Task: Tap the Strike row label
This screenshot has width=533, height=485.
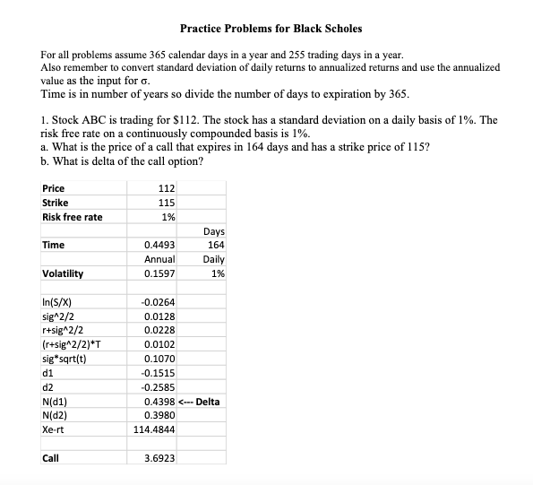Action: (55, 203)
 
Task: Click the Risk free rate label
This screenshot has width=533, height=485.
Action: (72, 217)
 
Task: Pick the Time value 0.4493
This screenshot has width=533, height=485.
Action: (159, 245)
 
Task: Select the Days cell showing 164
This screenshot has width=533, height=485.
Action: (215, 245)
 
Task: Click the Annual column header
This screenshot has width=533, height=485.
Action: (158, 259)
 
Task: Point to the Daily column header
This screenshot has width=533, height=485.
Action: (212, 259)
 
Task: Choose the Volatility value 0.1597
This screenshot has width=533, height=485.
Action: (159, 273)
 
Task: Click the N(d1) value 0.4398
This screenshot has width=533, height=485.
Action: (159, 402)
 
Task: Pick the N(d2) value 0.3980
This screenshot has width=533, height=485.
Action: (159, 416)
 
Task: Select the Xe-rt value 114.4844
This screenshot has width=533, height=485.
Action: (154, 430)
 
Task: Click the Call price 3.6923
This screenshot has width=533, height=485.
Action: (159, 458)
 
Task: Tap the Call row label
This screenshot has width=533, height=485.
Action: (50, 458)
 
